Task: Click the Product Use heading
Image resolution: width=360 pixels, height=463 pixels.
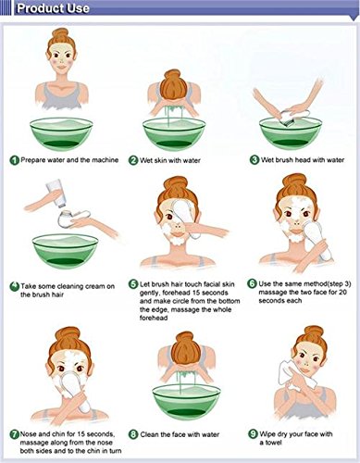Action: pyautogui.click(x=53, y=8)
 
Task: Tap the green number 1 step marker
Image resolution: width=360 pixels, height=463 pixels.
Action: pyautogui.click(x=14, y=160)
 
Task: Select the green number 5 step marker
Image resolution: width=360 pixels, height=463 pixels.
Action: pyautogui.click(x=133, y=284)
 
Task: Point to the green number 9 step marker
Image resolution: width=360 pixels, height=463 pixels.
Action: pyautogui.click(x=253, y=434)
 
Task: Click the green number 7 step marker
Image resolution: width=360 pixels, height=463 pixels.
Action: pyautogui.click(x=14, y=434)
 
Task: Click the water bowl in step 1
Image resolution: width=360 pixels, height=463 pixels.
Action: pyautogui.click(x=61, y=134)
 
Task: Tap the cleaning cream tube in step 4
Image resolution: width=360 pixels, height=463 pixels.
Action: pyautogui.click(x=56, y=194)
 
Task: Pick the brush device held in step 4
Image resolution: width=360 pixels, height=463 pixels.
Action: pyautogui.click(x=73, y=218)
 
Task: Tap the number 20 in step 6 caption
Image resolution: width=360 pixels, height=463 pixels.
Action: pyautogui.click(x=342, y=292)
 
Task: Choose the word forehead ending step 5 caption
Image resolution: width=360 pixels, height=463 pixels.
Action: pyautogui.click(x=154, y=318)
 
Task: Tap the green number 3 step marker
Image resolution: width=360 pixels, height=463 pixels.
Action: pyautogui.click(x=254, y=160)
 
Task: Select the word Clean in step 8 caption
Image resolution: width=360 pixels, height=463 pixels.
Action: pyautogui.click(x=149, y=434)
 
